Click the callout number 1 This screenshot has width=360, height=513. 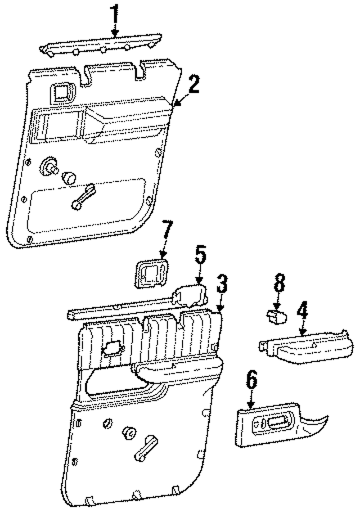pos(115,12)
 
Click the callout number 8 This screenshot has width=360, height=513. pos(278,284)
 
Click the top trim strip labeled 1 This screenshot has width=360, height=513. pos(101,44)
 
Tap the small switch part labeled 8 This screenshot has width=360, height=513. pos(275,315)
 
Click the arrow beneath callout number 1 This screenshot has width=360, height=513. pos(115,30)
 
